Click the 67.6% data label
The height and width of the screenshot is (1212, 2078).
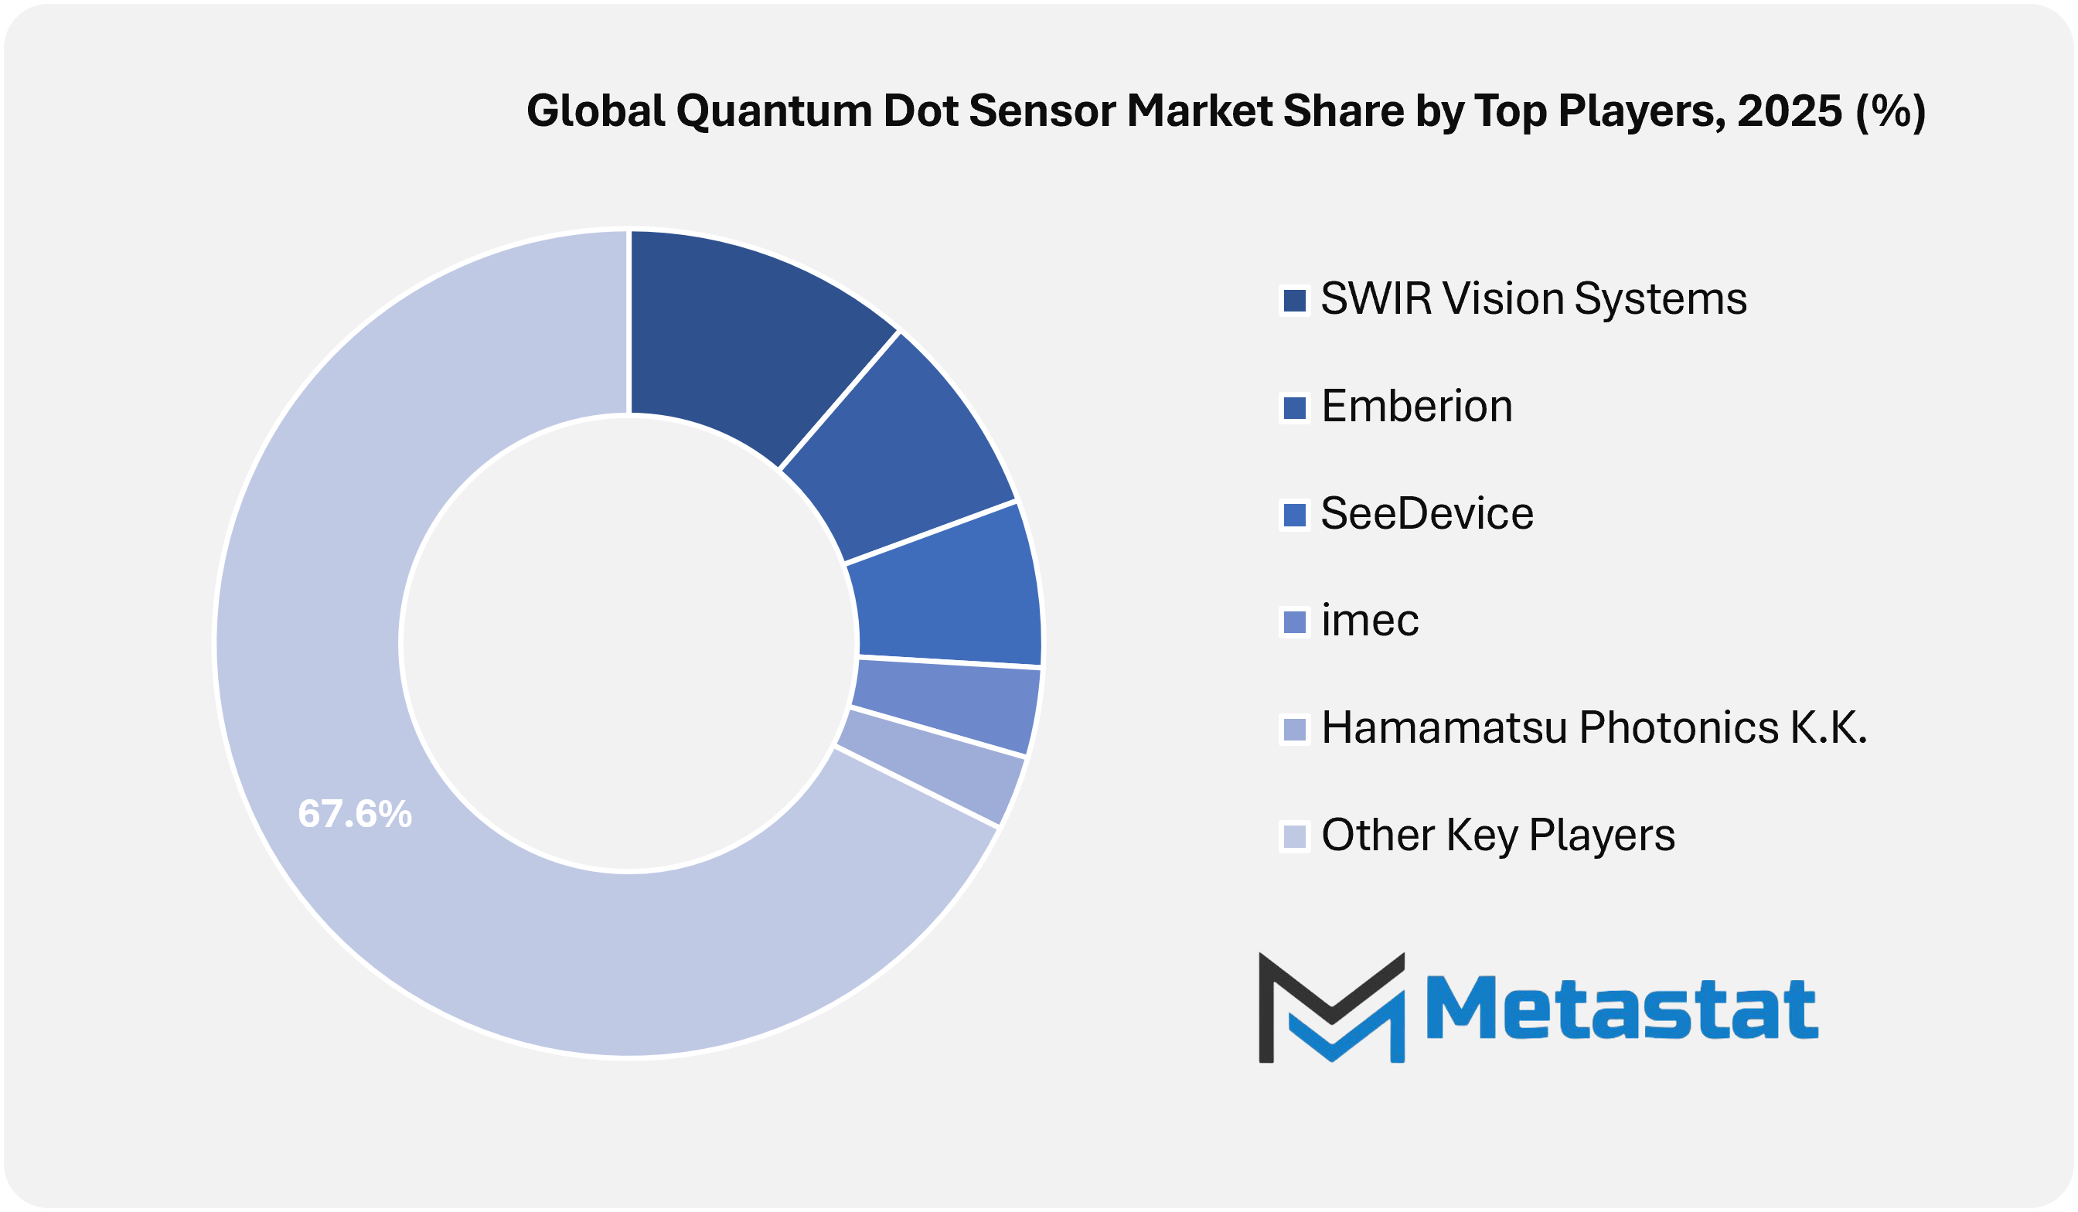pyautogui.click(x=355, y=814)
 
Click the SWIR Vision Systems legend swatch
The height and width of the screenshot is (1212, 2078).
pyautogui.click(x=1295, y=300)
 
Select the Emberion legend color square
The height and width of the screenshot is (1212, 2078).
pyautogui.click(x=1295, y=408)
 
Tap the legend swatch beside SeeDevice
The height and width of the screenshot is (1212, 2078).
pyautogui.click(x=1295, y=516)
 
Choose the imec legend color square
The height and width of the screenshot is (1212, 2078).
pyautogui.click(x=1295, y=622)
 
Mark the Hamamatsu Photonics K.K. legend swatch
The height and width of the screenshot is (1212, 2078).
pyautogui.click(x=1295, y=730)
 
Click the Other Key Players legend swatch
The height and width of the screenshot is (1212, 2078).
pyautogui.click(x=1295, y=837)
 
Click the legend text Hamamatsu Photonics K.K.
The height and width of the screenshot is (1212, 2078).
pyautogui.click(x=1594, y=728)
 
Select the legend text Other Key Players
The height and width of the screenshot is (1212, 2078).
pyautogui.click(x=1498, y=836)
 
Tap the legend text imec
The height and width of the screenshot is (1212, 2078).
pyautogui.click(x=1370, y=620)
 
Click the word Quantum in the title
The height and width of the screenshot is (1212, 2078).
pyautogui.click(x=774, y=111)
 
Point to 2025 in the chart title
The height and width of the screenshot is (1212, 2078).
pyautogui.click(x=1790, y=111)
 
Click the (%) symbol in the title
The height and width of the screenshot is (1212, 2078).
pyautogui.click(x=1891, y=112)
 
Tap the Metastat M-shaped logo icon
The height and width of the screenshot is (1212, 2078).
pyautogui.click(x=1332, y=1007)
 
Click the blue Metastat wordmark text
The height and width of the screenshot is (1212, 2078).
pyautogui.click(x=1622, y=1007)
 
